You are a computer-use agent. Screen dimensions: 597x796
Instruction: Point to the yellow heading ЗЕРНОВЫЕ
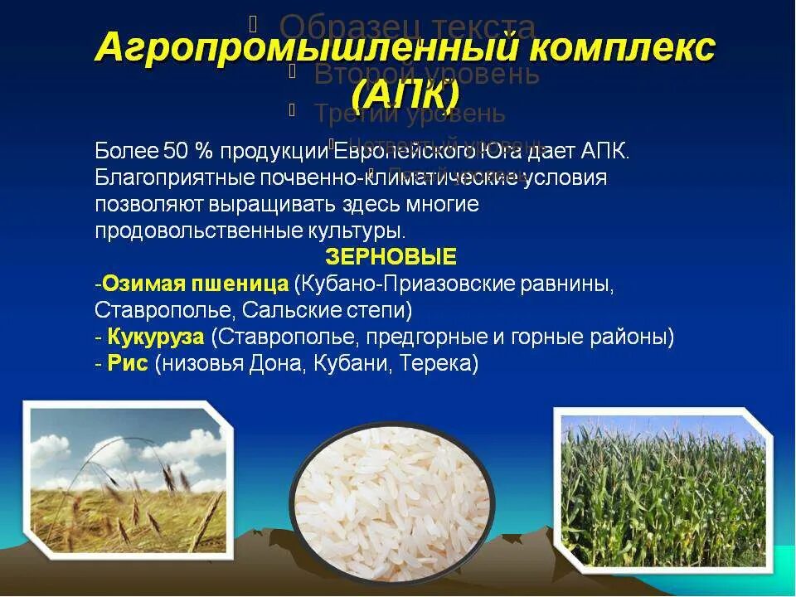[391, 255]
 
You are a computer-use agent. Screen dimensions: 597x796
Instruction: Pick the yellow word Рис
[128, 364]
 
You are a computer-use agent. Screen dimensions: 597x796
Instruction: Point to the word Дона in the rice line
[274, 364]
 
